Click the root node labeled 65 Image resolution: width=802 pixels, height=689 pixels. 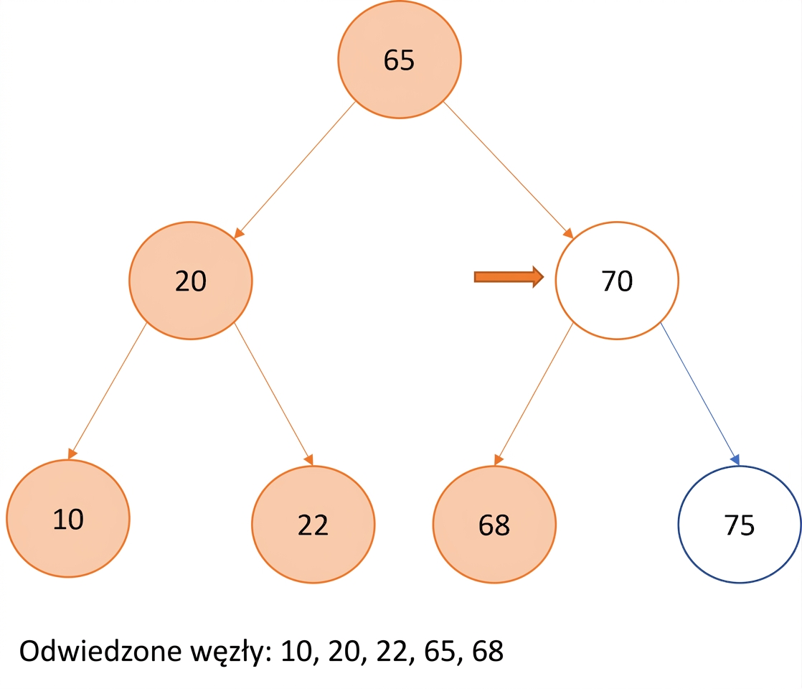(400, 60)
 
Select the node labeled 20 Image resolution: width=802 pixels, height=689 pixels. (191, 281)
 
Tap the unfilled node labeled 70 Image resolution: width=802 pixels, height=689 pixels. (617, 281)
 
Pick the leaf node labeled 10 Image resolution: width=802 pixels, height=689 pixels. (68, 518)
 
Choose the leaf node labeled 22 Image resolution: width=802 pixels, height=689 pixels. (313, 524)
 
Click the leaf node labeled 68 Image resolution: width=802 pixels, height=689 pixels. (494, 524)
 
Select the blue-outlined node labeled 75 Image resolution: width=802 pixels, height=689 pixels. (740, 524)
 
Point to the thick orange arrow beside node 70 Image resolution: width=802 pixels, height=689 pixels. (509, 277)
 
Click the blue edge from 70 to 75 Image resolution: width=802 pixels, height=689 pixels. (699, 394)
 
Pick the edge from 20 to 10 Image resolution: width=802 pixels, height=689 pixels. (108, 391)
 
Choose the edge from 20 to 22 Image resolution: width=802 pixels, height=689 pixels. (273, 394)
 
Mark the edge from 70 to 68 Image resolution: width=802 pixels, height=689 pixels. (534, 394)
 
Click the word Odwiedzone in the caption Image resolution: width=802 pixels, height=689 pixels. (100, 651)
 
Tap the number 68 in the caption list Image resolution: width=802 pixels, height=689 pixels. (488, 651)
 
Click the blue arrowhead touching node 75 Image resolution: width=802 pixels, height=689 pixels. (735, 459)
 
